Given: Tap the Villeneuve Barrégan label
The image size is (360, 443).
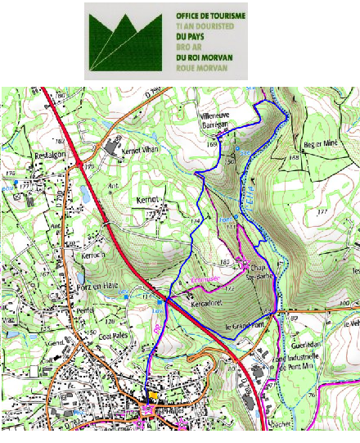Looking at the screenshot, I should point(218,122).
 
